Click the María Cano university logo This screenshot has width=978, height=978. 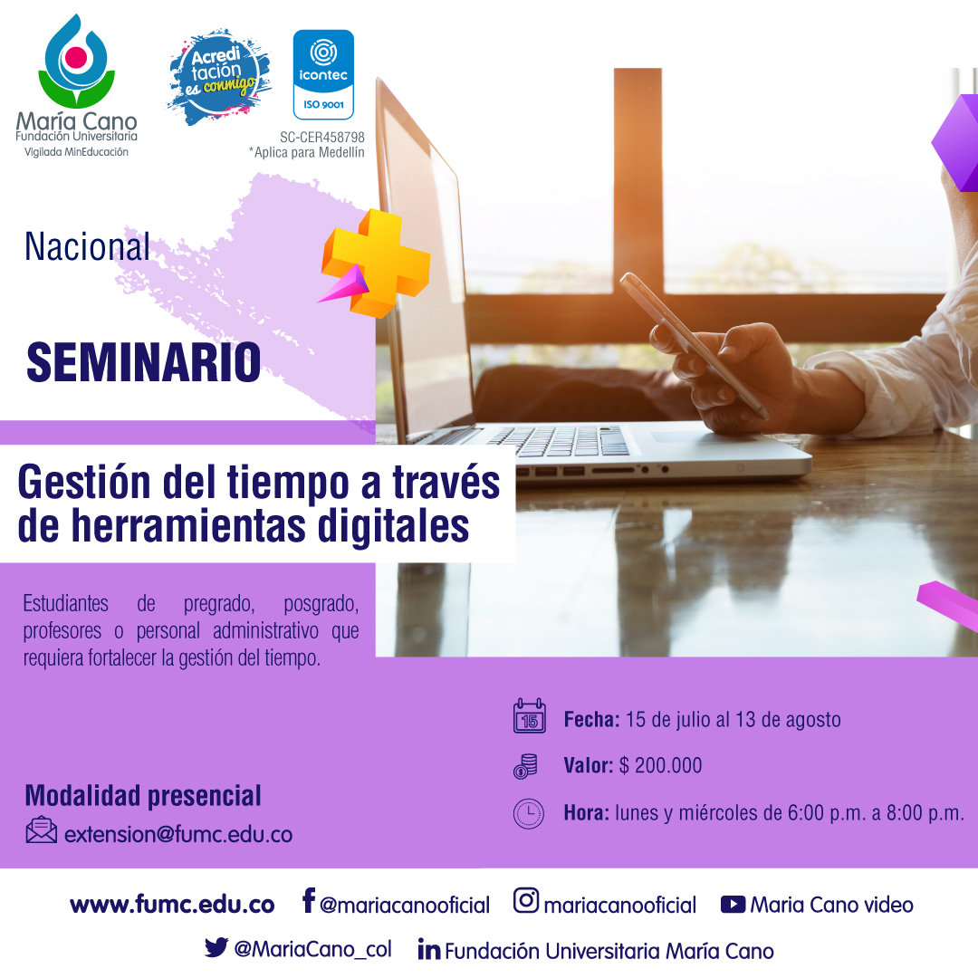[77, 85]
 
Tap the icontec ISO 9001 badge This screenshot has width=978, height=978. [323, 74]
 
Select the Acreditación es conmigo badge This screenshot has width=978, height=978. [219, 76]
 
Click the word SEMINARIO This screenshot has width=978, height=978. [143, 362]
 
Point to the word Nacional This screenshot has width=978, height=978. [87, 246]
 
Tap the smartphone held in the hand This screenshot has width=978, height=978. [694, 346]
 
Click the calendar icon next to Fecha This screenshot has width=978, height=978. [530, 716]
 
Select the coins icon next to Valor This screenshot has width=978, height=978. [525, 766]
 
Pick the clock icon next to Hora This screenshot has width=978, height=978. [528, 813]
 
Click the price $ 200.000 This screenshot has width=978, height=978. [660, 765]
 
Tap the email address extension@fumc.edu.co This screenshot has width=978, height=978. [178, 835]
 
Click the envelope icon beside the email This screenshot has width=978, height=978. [41, 830]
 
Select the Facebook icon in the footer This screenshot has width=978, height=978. [308, 901]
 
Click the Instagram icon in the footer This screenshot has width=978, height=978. [526, 900]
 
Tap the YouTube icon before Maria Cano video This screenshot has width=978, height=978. [733, 905]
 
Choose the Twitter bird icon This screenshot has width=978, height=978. [216, 947]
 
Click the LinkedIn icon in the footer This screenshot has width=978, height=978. [429, 949]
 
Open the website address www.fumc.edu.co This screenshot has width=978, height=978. [172, 905]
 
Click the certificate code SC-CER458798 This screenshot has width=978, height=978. [321, 138]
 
